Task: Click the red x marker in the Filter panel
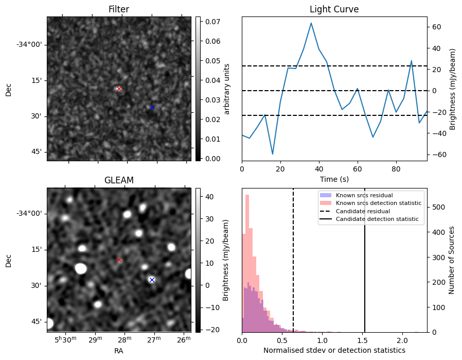119,89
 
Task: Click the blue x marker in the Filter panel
152,107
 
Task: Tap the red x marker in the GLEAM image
119,260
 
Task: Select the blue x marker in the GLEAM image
152,280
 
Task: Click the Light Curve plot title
334,9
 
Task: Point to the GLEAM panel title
119,180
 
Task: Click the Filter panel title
119,9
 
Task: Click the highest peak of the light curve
311,23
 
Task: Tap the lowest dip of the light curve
273,154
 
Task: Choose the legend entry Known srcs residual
364,195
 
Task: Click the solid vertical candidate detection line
365,268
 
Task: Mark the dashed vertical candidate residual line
293,268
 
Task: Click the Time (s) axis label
334,179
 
